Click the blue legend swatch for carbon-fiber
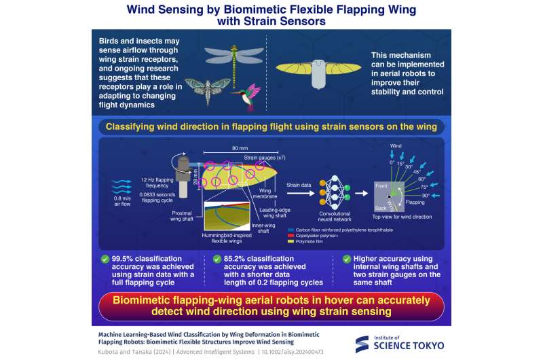click(290, 230)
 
